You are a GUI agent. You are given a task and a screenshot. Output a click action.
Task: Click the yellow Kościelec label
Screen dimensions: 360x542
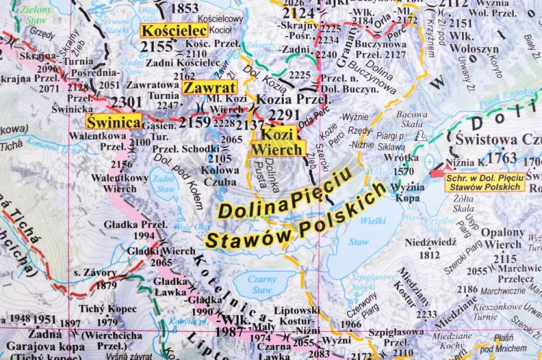174,30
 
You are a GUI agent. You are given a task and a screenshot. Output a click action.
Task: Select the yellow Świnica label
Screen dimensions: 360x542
113,121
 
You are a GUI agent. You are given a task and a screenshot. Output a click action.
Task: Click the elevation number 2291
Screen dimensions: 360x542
283,115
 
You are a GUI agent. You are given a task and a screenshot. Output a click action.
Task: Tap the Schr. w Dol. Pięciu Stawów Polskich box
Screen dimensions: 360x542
484,181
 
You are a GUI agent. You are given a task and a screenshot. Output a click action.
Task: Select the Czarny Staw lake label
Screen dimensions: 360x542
253,283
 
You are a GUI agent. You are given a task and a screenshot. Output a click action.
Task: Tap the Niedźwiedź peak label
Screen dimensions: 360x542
431,242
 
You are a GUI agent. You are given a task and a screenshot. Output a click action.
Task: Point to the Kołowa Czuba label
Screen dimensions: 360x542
220,176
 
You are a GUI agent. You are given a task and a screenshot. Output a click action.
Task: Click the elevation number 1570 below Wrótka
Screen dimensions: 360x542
403,171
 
